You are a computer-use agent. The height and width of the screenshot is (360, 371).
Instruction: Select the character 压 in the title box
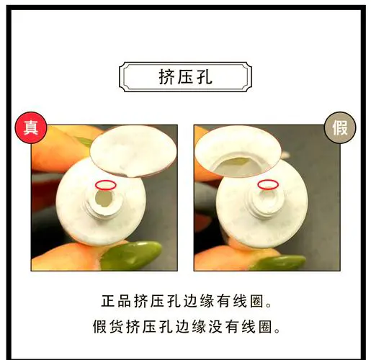point(185,76)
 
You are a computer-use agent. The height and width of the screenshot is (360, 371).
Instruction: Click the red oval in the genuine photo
point(105,186)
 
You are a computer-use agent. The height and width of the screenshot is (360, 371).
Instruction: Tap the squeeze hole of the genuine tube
point(103,202)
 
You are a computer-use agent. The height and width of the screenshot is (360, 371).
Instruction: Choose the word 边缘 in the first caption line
point(191,299)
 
